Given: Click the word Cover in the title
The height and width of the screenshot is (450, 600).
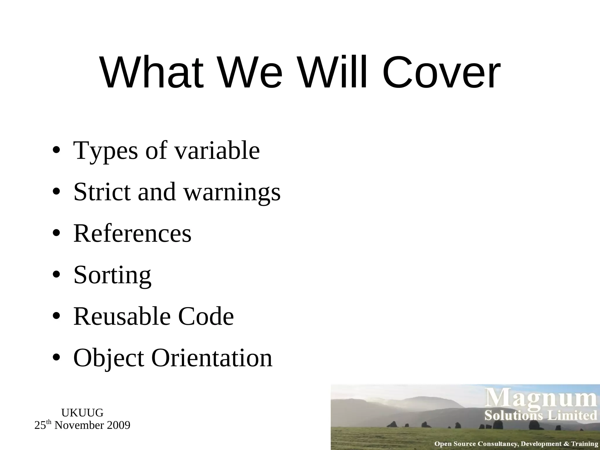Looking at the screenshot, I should click(441, 73).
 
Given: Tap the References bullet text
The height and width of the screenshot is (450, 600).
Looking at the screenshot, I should click(132, 233).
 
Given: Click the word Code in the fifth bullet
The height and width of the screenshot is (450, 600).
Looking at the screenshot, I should click(206, 316).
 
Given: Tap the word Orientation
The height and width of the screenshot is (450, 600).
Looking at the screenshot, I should click(212, 358).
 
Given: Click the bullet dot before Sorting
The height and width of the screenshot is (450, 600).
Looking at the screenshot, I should click(57, 275).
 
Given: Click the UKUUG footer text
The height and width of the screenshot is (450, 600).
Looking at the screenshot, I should click(82, 413).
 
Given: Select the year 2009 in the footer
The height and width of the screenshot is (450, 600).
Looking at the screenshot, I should click(118, 425).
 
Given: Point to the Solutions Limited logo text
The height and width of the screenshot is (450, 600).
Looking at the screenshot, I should click(541, 416).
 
